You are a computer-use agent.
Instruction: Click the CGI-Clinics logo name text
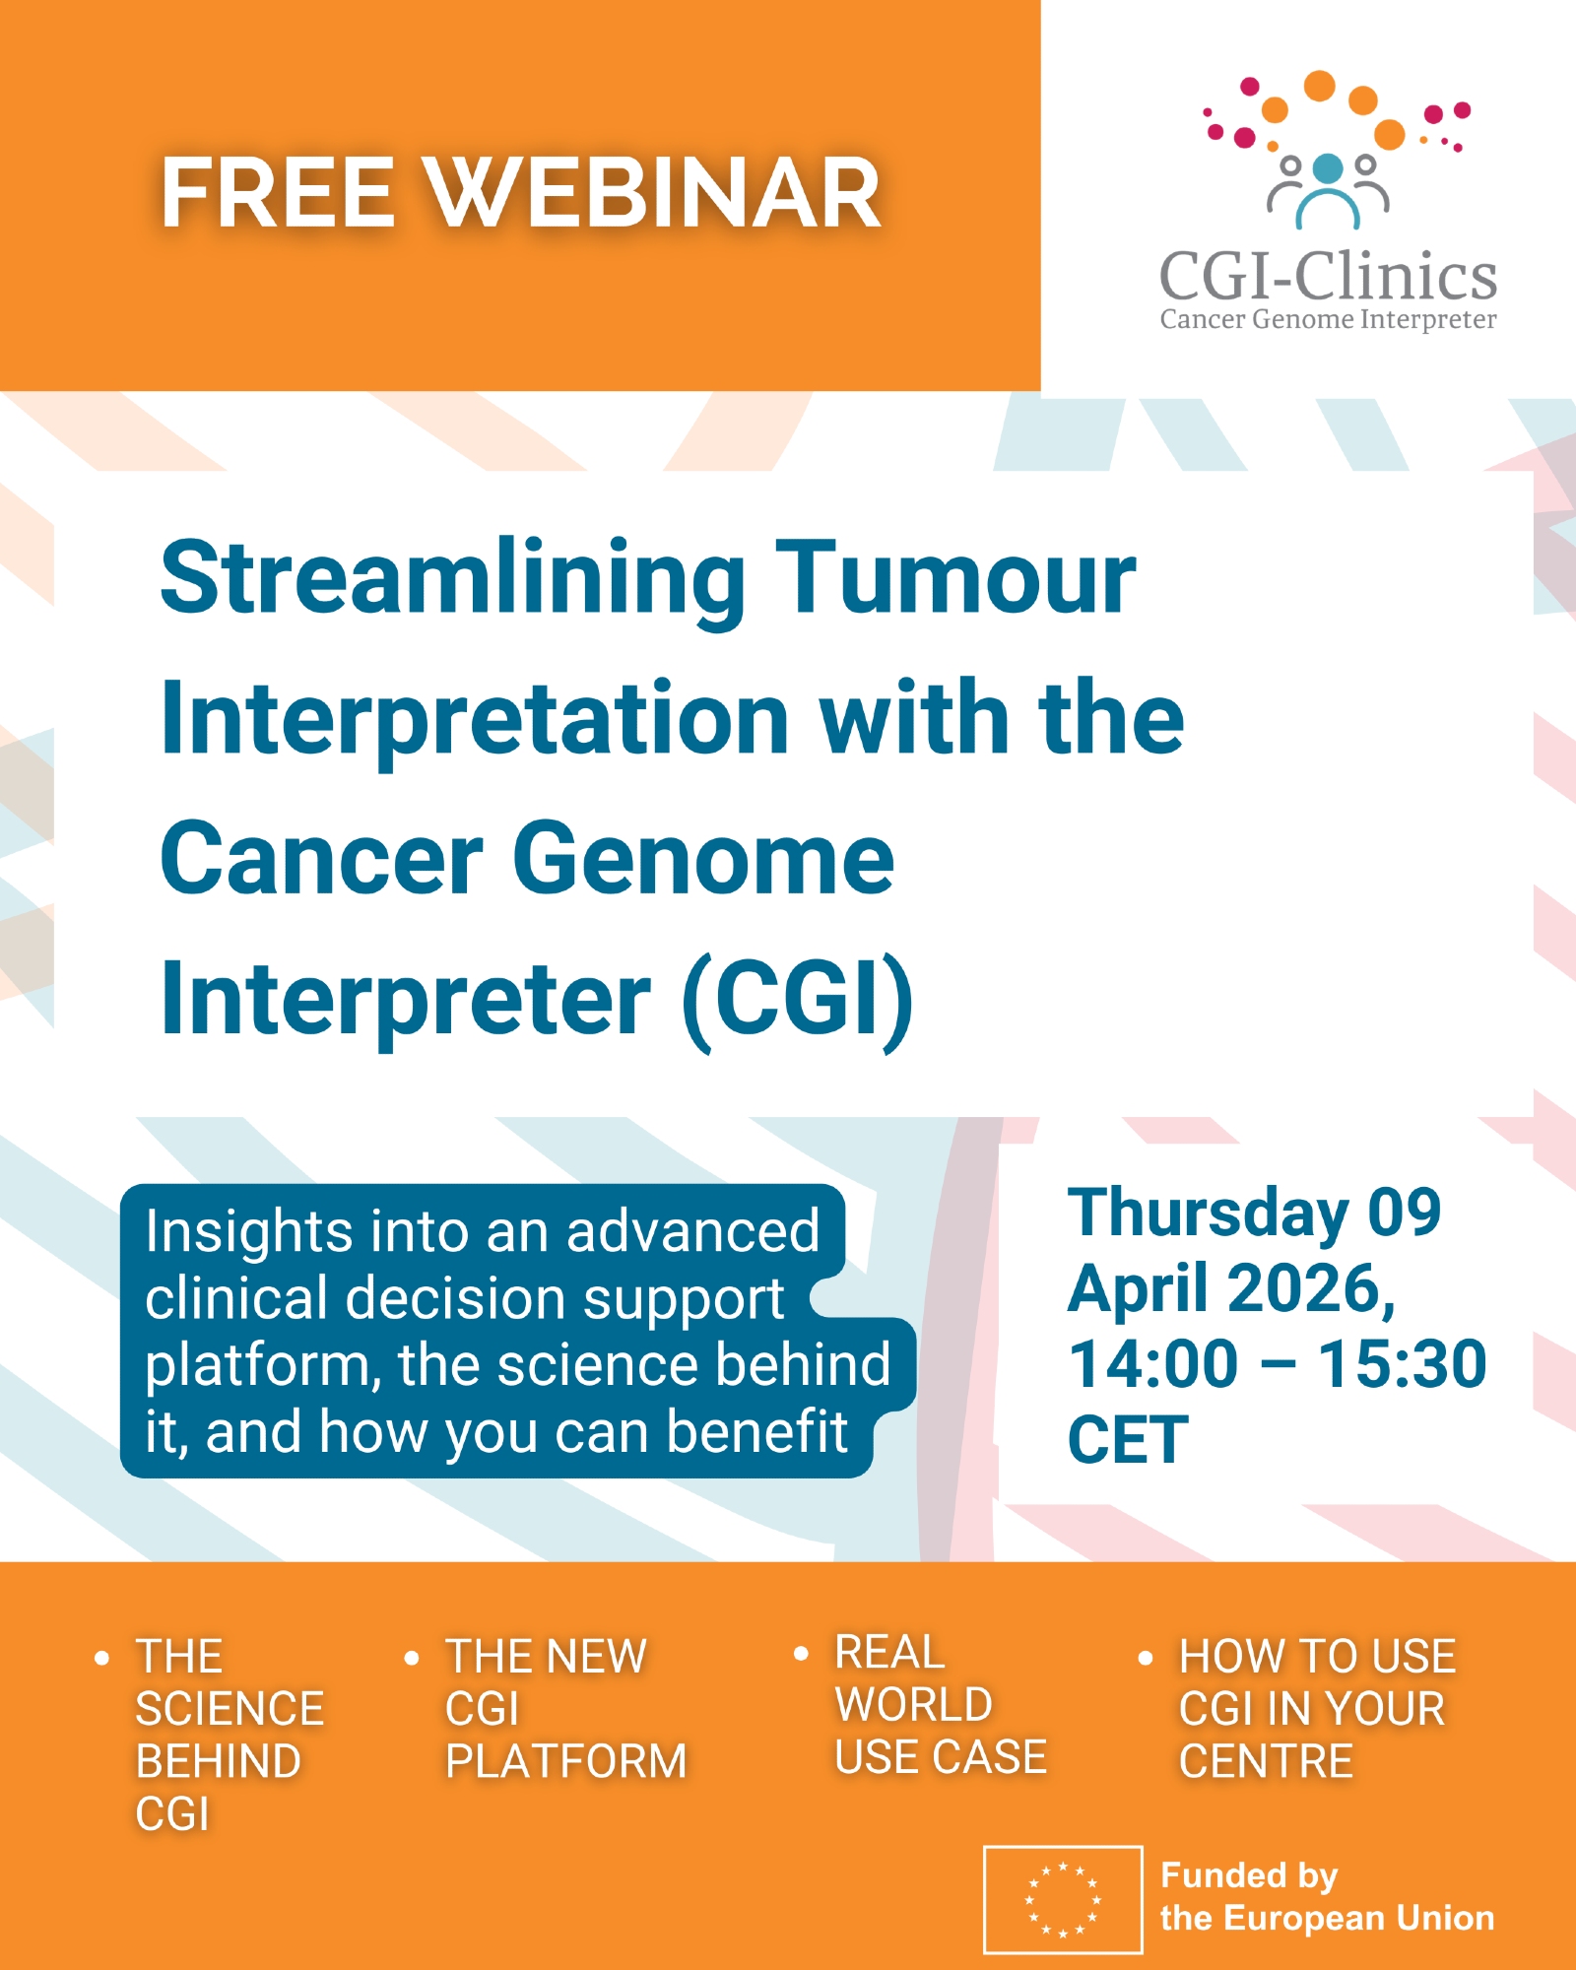[x=1328, y=275]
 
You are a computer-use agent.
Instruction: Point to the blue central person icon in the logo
[x=1328, y=191]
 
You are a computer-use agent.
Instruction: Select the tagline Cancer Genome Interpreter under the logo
[x=1328, y=320]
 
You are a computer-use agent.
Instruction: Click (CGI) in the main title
[x=798, y=1001]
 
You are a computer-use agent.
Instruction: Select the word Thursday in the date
[x=1209, y=1215]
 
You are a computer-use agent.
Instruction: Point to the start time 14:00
[x=1153, y=1364]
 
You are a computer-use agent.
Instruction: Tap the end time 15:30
[x=1403, y=1364]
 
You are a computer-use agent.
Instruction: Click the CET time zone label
[x=1129, y=1440]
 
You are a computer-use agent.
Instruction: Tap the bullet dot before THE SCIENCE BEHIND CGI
[x=101, y=1659]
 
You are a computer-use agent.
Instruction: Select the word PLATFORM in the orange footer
[x=566, y=1761]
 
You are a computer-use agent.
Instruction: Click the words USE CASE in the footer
[x=941, y=1757]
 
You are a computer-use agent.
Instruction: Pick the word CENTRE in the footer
[x=1266, y=1761]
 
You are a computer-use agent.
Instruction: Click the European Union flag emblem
[x=1063, y=1899]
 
